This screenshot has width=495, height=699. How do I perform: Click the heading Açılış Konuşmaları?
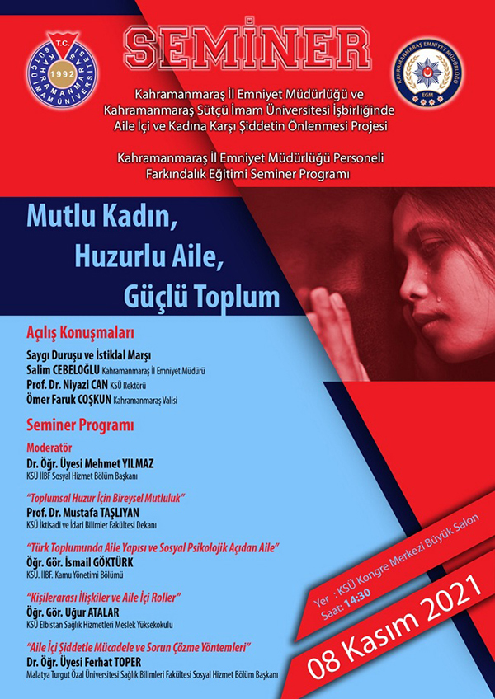pyautogui.click(x=80, y=334)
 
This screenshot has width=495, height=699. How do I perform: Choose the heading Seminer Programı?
pyautogui.click(x=79, y=425)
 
